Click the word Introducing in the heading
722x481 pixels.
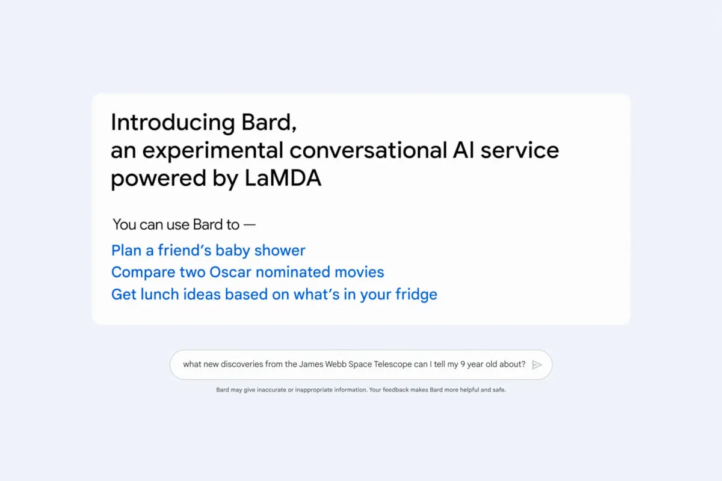point(173,123)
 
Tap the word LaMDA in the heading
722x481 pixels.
point(283,178)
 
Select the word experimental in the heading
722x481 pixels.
point(213,151)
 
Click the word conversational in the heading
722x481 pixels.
point(368,150)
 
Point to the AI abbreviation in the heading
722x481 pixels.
point(463,150)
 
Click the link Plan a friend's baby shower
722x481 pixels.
point(208,250)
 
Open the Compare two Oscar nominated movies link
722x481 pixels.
point(247,272)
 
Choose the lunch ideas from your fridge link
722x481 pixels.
point(274,295)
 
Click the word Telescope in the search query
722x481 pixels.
point(392,364)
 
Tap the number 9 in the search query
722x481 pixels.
point(463,364)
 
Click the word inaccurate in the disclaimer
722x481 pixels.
point(271,390)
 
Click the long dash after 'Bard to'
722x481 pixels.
point(250,224)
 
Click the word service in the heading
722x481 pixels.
point(520,150)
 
